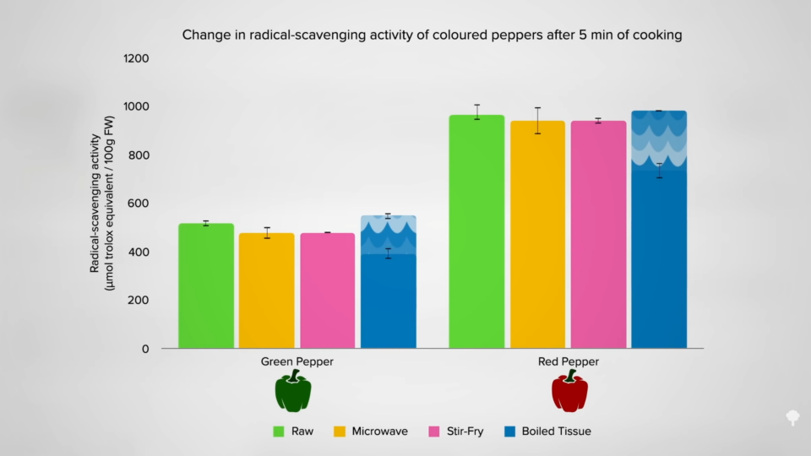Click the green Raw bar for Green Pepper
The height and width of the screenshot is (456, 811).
pos(206,286)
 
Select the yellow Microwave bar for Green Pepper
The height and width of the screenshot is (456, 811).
pos(267,290)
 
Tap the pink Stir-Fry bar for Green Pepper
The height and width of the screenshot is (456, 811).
pos(328,290)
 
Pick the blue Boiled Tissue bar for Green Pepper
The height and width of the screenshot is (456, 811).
pos(389,300)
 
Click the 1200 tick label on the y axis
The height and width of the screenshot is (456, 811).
pos(135,59)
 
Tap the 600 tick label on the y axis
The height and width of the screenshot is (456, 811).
pos(139,204)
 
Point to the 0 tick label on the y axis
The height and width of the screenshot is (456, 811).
pos(145,349)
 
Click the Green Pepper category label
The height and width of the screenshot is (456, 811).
pos(297,362)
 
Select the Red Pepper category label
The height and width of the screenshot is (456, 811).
pos(569,362)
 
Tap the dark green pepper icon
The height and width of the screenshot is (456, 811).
pos(293,392)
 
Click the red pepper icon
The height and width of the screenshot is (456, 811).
pos(569,392)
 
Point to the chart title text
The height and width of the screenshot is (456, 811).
pos(432,35)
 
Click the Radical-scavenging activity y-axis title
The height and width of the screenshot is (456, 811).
pos(102,204)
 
